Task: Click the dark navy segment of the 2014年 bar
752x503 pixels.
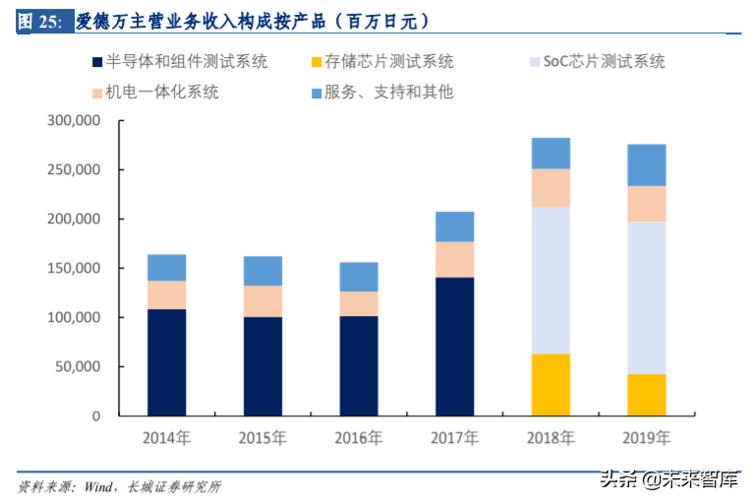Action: click(166, 362)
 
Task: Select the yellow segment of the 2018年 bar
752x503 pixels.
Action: click(550, 385)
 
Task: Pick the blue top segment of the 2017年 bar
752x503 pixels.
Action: click(454, 226)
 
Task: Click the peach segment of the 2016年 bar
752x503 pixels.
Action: click(359, 303)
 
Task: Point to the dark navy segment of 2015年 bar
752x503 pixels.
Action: click(262, 366)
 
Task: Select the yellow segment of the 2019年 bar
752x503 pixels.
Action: click(646, 395)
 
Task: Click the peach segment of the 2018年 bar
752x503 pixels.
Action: click(550, 188)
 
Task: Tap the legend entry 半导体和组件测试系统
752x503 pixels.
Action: click(178, 61)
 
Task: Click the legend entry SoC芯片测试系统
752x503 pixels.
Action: click(596, 61)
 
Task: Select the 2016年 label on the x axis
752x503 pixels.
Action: click(358, 437)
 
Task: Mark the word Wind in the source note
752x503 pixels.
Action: click(97, 486)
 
